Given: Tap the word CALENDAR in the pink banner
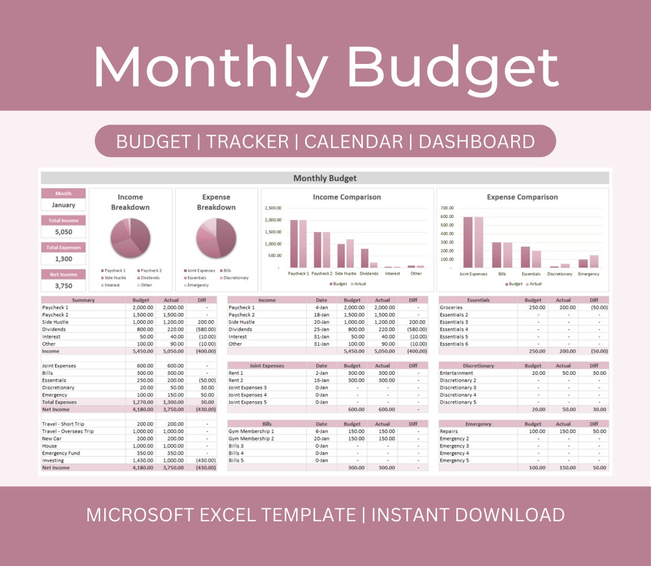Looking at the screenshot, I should (353, 142).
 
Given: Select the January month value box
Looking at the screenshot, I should (63, 205).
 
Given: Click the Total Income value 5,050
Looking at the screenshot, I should (63, 232).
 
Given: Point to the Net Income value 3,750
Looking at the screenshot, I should (63, 286).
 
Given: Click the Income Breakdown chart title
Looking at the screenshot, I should (130, 202).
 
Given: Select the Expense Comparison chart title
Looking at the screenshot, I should (522, 197).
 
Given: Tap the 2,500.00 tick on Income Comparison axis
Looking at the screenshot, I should (273, 208).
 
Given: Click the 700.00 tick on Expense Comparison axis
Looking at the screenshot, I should (447, 208).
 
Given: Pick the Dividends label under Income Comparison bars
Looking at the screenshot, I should (369, 274).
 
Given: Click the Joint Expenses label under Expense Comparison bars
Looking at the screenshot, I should (473, 274).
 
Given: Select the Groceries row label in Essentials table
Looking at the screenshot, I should (451, 307).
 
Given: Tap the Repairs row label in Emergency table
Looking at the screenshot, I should (449, 432).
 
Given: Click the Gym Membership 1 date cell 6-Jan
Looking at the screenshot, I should (321, 432).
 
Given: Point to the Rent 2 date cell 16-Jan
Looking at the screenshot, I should (321, 380).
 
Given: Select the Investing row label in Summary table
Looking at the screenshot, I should (52, 461).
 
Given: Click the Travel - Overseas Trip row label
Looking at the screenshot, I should (68, 432).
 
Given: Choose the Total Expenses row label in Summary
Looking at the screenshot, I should (59, 402).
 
